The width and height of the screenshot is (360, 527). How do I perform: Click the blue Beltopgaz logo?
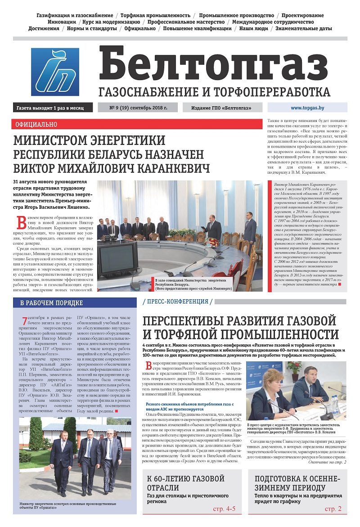point(55,72)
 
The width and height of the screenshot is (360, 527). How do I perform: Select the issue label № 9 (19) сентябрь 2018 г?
point(138,108)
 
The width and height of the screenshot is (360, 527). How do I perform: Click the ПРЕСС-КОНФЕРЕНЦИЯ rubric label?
point(177,302)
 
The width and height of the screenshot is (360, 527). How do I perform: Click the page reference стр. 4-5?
point(224,509)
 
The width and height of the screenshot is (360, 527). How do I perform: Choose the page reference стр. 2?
point(333,509)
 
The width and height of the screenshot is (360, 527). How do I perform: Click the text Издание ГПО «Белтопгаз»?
point(221,108)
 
